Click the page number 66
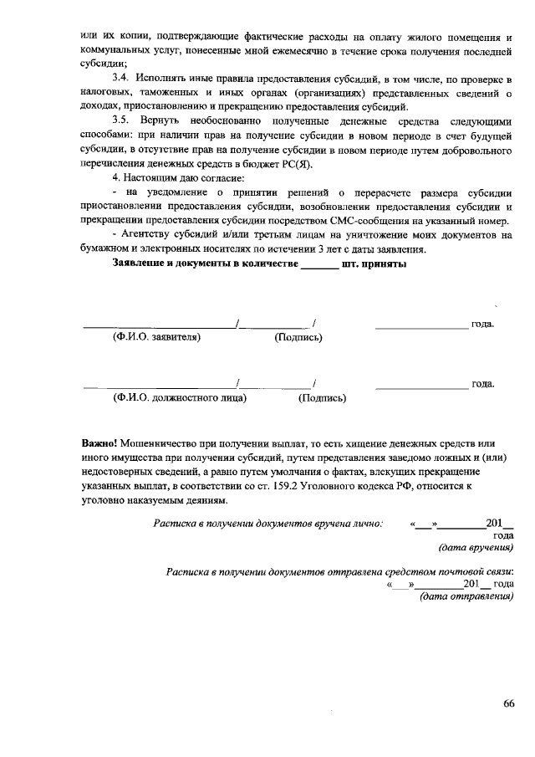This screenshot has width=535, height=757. (508, 703)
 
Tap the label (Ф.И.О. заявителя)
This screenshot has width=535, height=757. (156, 338)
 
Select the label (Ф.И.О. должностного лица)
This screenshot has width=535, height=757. (179, 398)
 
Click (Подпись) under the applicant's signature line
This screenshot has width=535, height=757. (298, 338)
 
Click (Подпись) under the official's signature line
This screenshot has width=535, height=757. (322, 398)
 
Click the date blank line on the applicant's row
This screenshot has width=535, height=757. (421, 325)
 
